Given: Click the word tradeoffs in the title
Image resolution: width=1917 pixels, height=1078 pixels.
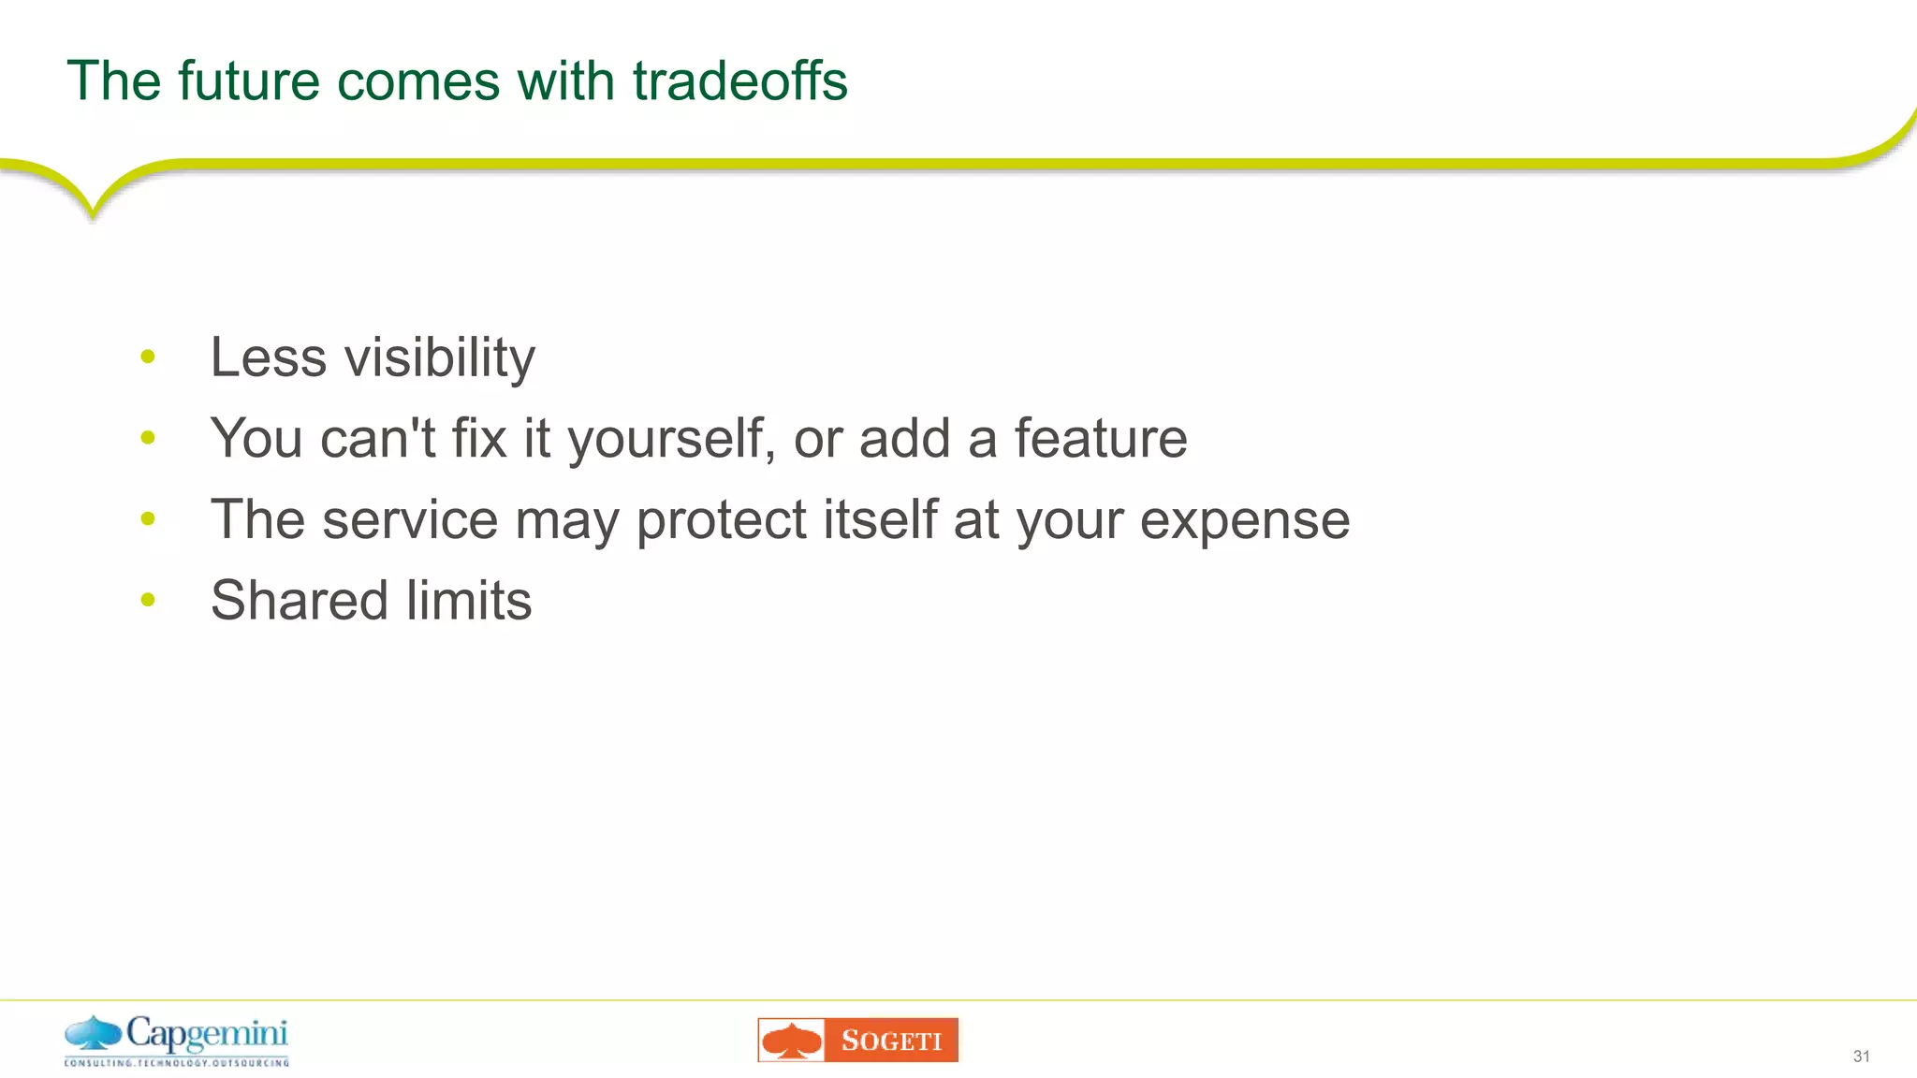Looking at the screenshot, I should [x=739, y=80].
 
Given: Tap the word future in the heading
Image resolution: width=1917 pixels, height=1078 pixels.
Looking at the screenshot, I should [x=248, y=80].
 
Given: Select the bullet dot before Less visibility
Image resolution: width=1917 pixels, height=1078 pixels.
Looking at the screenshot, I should [x=148, y=357].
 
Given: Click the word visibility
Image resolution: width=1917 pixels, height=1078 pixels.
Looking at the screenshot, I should [x=440, y=358].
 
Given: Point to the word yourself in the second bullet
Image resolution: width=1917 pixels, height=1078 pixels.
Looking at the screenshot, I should [x=671, y=439].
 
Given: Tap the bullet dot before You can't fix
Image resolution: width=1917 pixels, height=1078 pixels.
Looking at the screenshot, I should [x=148, y=437].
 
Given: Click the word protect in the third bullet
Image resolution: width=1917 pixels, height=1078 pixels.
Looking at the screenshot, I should [x=721, y=520].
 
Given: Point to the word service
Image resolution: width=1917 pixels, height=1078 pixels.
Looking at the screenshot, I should [x=410, y=519].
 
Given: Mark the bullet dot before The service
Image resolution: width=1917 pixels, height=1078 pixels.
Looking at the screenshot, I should [x=148, y=518].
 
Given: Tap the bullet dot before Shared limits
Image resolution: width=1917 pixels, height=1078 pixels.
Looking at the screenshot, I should [x=148, y=599].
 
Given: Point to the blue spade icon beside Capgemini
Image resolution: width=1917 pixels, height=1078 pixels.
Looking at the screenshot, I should [x=93, y=1033].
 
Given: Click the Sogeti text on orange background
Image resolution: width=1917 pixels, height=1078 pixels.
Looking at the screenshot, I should [x=891, y=1041].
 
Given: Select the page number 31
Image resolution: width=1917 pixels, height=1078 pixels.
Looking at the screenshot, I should [x=1861, y=1056].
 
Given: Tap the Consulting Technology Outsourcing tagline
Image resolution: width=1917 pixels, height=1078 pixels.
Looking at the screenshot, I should [x=176, y=1063].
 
